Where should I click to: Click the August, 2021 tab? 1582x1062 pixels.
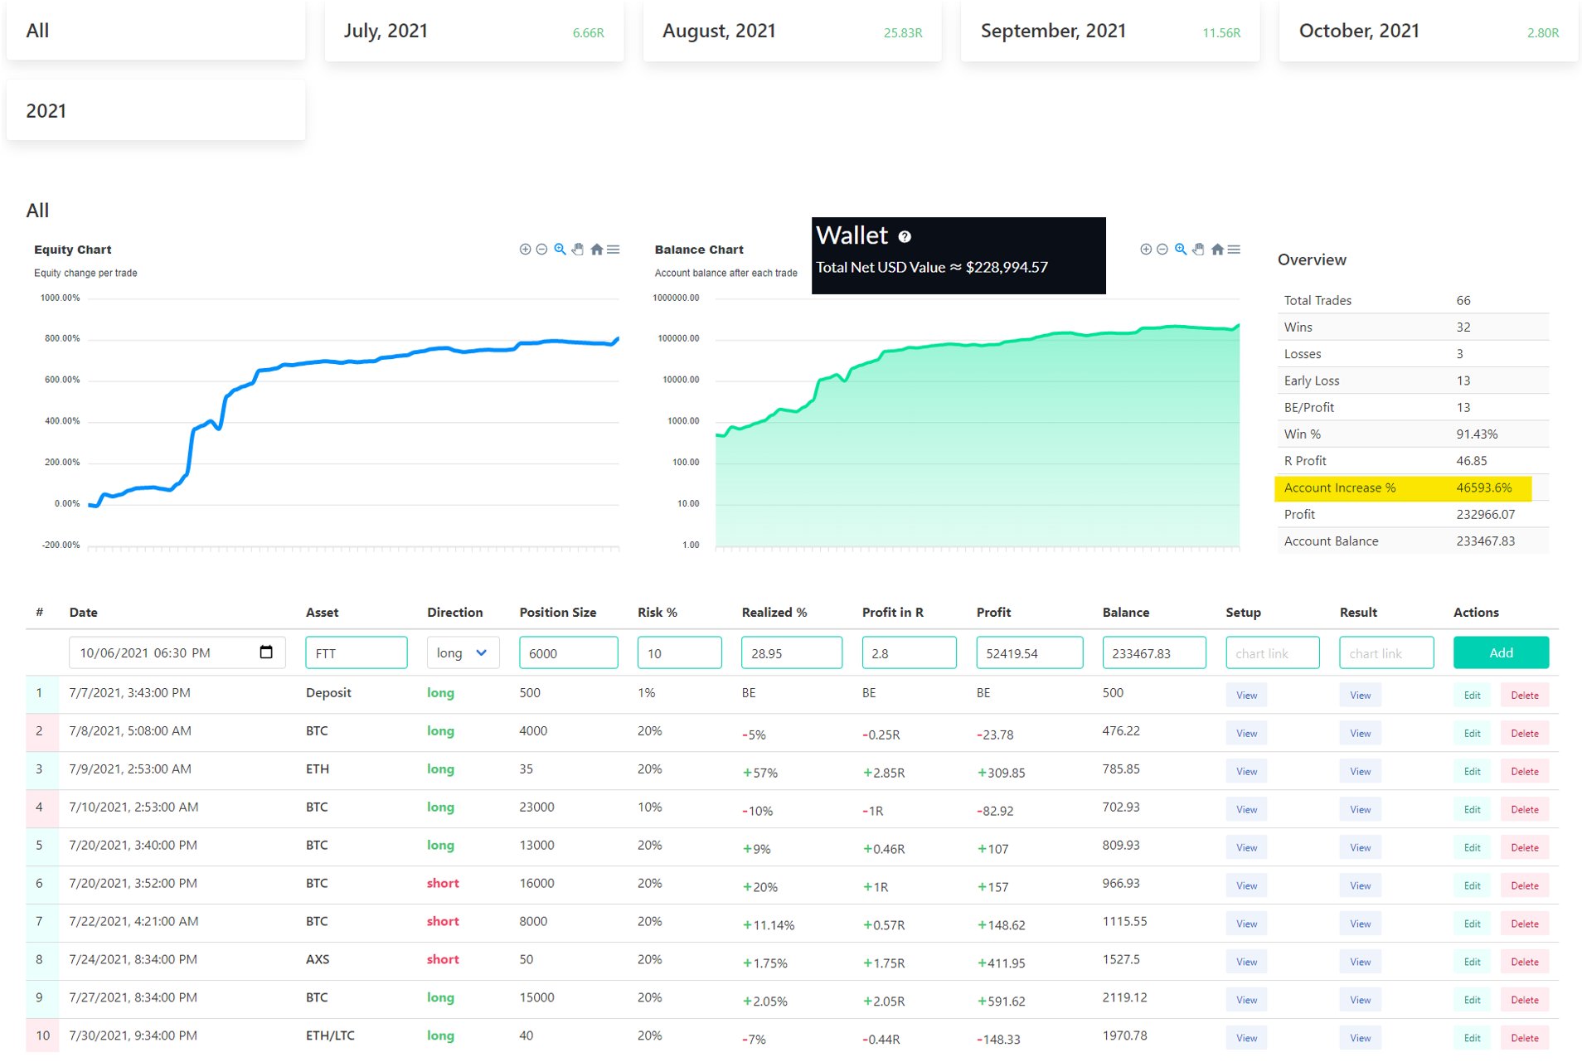pyautogui.click(x=792, y=32)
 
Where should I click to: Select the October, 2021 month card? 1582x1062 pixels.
pyautogui.click(x=1428, y=32)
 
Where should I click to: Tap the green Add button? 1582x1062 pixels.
pyautogui.click(x=1500, y=652)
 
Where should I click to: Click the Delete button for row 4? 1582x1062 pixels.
pyautogui.click(x=1524, y=809)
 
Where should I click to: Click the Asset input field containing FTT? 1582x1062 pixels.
pyautogui.click(x=356, y=652)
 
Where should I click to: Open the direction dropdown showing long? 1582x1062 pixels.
pyautogui.click(x=463, y=652)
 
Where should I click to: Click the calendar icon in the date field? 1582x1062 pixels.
pyautogui.click(x=266, y=652)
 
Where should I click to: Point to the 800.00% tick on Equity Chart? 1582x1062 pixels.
pyautogui.click(x=62, y=338)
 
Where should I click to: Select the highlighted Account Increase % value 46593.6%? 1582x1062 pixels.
pyautogui.click(x=1483, y=487)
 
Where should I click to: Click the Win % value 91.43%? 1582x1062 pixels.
pyautogui.click(x=1477, y=434)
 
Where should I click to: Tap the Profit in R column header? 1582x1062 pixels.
pyautogui.click(x=892, y=612)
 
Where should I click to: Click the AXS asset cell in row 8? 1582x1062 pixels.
pyautogui.click(x=318, y=959)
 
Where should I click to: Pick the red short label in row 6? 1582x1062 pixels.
pyautogui.click(x=443, y=883)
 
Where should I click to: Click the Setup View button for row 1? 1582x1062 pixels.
pyautogui.click(x=1246, y=695)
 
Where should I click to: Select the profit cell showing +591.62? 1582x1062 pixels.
pyautogui.click(x=1001, y=1001)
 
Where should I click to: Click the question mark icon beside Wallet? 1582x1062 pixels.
pyautogui.click(x=905, y=237)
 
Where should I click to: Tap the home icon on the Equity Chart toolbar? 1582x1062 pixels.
pyautogui.click(x=596, y=250)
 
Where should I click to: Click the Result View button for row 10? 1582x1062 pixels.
pyautogui.click(x=1360, y=1038)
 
